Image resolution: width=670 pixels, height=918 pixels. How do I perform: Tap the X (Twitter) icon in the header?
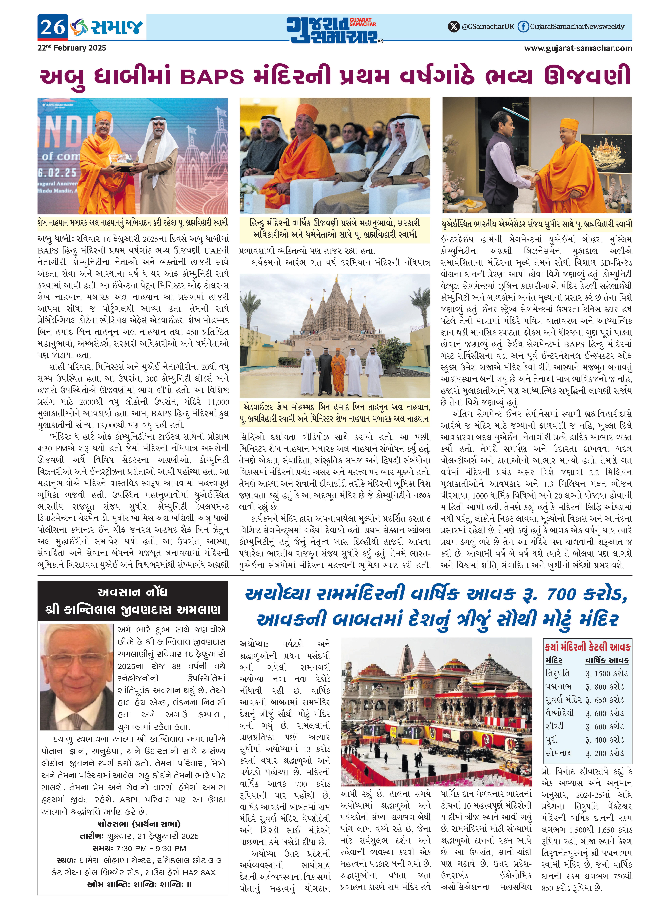pyautogui.click(x=453, y=27)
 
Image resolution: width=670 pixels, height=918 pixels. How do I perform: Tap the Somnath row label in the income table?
pyautogui.click(x=559, y=753)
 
